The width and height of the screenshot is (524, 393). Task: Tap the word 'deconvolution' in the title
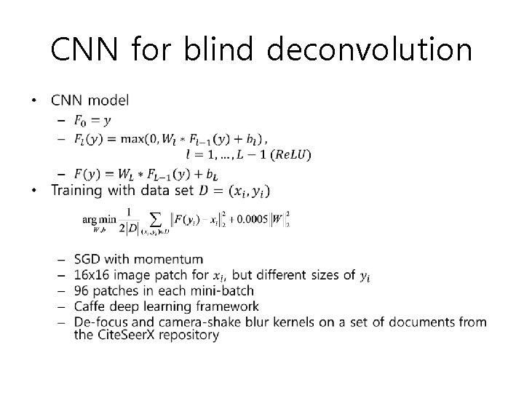(x=369, y=50)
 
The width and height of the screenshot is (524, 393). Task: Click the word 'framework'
(x=222, y=306)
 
